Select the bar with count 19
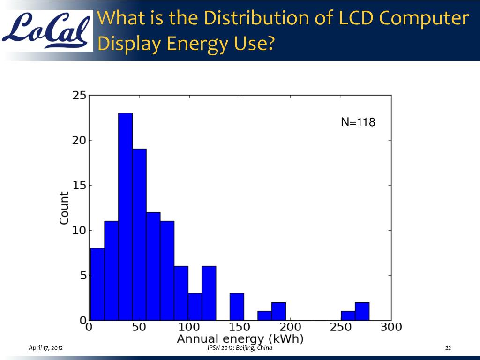[139, 234]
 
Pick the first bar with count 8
[97, 284]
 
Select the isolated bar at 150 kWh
[237, 307]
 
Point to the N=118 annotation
[358, 123]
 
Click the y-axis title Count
[64, 207]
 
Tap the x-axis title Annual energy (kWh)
[240, 338]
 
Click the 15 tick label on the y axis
[79, 186]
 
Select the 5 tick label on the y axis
[82, 276]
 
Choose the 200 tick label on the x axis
[291, 327]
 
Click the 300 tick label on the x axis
[391, 327]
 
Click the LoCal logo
[47, 30]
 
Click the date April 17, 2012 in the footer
[46, 348]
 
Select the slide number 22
[448, 348]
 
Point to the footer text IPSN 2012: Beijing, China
[240, 348]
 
